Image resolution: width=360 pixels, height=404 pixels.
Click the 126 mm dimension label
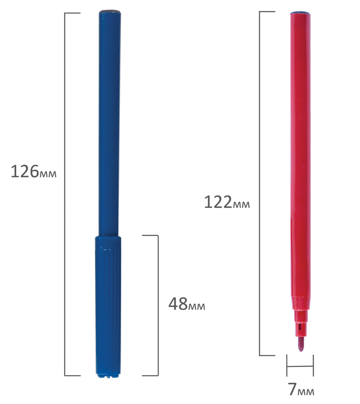(33, 172)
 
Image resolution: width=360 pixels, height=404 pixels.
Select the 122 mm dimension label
(227, 202)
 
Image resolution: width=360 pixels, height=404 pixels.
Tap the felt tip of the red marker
(301, 345)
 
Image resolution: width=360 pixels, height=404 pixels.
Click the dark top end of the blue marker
(110, 12)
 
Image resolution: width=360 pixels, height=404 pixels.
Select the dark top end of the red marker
(300, 12)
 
